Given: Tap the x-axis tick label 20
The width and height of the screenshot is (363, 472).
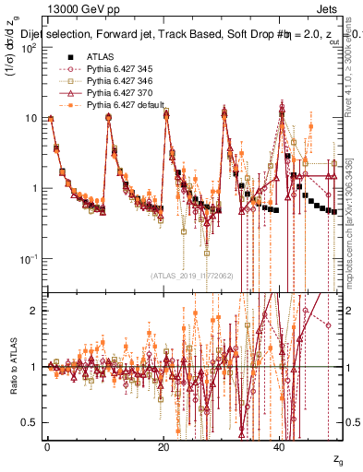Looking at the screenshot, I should pos(163,446).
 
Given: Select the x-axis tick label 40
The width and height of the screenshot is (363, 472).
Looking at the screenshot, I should pos(280,446).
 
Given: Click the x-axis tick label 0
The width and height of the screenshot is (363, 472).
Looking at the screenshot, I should pos(47,446).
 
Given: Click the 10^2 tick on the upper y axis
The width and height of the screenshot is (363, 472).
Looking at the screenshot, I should pos(30,49).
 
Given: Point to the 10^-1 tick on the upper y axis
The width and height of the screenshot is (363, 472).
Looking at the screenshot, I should pos(30,258).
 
